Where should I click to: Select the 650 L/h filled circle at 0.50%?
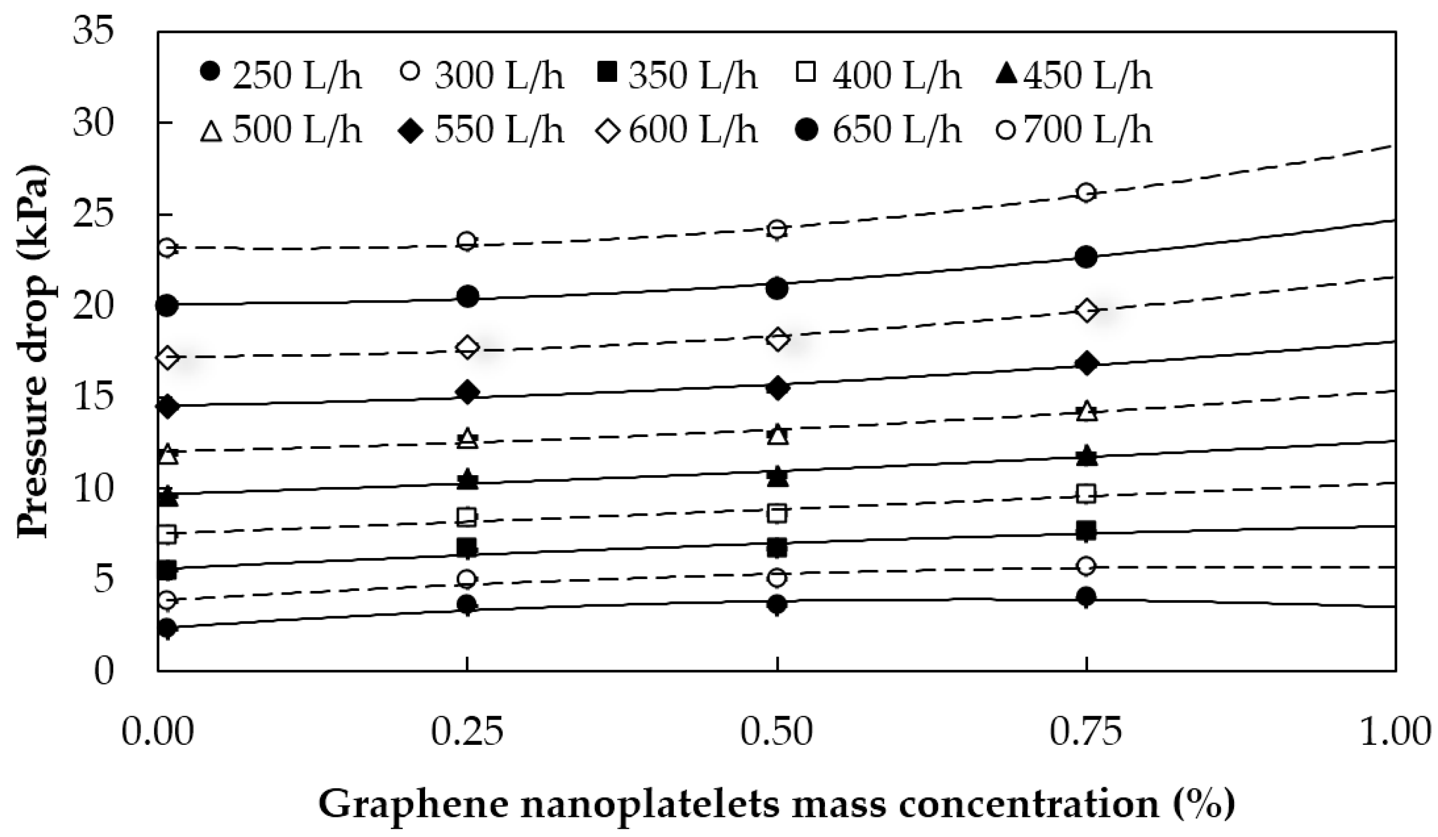point(777,289)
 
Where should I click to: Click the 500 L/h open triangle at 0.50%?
point(777,436)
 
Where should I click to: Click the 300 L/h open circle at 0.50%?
point(777,578)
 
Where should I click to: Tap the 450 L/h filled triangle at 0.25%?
point(467,479)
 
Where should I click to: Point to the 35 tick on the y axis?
point(93,30)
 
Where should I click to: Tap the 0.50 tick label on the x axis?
point(777,732)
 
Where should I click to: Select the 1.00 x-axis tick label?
point(1396,732)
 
